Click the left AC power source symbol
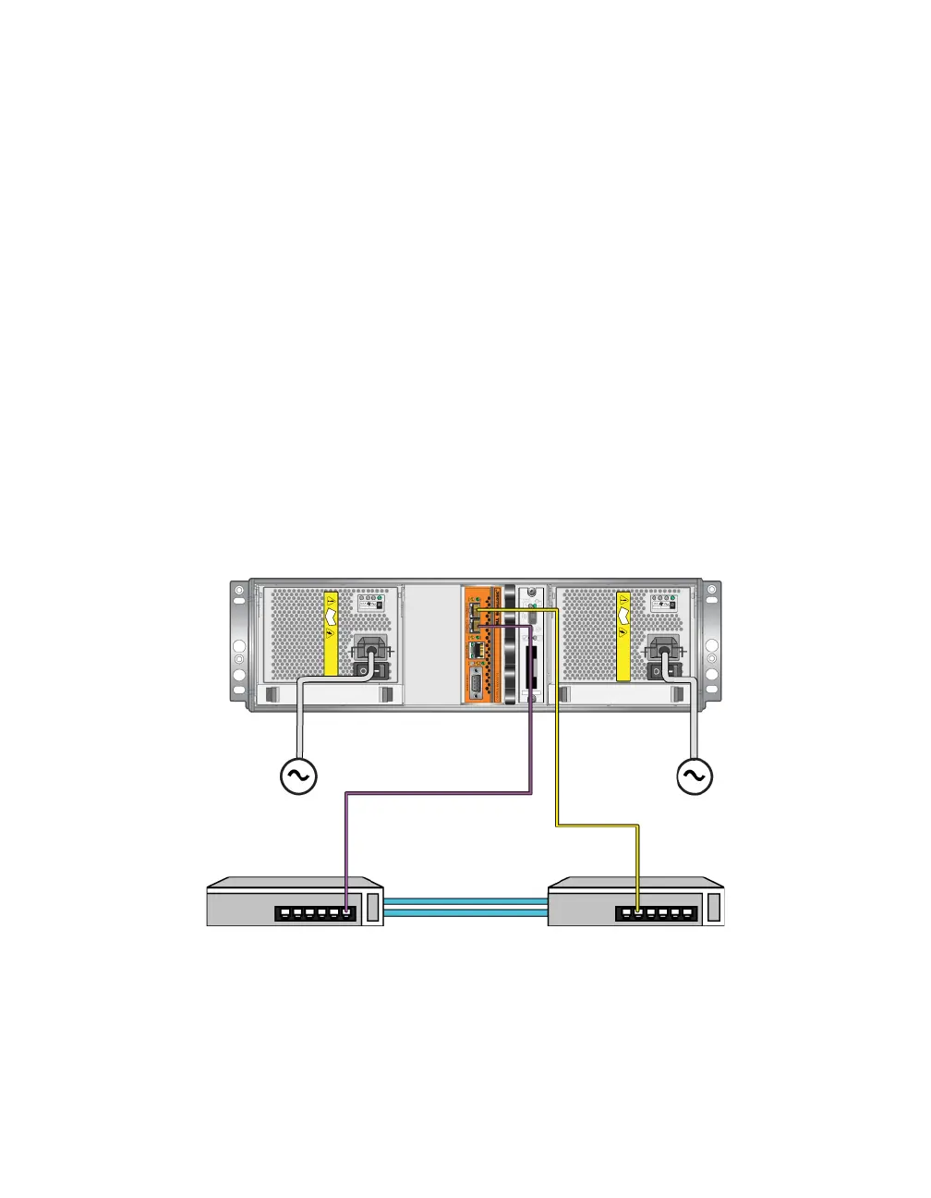pos(298,776)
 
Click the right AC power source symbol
pos(694,776)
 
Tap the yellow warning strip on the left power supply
pos(332,635)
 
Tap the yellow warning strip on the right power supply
pos(623,635)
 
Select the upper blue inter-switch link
pos(465,899)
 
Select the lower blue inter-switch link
pos(465,913)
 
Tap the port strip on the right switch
pos(656,913)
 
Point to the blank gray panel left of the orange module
pos(432,642)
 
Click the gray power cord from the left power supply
pos(298,721)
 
